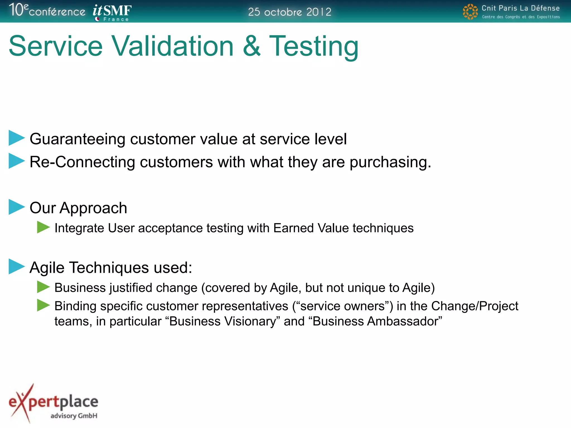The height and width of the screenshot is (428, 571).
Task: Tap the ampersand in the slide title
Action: click(x=251, y=46)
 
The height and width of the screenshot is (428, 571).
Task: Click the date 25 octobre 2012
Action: click(x=289, y=12)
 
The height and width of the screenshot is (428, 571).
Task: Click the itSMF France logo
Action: click(x=112, y=13)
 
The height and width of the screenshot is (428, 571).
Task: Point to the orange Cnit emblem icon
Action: click(x=470, y=12)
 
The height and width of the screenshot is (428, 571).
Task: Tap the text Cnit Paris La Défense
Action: click(x=521, y=8)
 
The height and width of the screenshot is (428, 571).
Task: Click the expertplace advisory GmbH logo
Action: click(x=54, y=403)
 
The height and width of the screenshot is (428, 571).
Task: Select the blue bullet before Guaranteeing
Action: click(x=16, y=138)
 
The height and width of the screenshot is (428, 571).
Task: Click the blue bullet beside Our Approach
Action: click(x=16, y=207)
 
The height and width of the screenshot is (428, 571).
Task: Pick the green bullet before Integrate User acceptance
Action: click(x=43, y=227)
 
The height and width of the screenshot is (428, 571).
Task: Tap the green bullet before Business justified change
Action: click(x=43, y=287)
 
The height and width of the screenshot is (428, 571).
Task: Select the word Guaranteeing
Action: click(x=78, y=139)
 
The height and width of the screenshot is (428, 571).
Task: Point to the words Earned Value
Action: click(x=311, y=228)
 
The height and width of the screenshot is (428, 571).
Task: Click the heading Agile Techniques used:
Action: click(x=111, y=267)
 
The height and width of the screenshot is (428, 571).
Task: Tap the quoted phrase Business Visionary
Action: click(x=223, y=321)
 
